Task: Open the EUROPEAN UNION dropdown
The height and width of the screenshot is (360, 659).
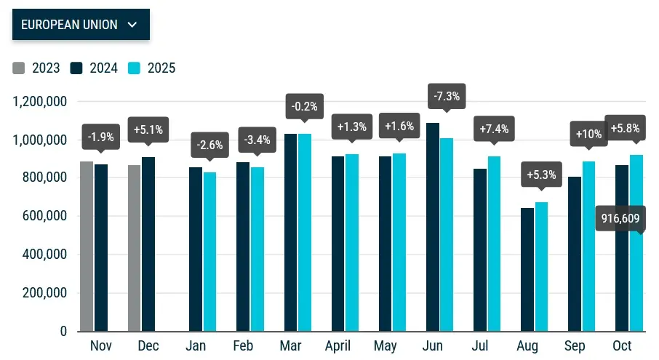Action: pos(80,25)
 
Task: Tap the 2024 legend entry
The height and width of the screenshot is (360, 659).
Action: pos(97,68)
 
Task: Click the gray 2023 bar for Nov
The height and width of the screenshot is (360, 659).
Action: pos(87,247)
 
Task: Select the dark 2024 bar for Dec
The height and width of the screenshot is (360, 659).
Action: pos(148,244)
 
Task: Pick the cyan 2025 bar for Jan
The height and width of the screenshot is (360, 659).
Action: pos(210,252)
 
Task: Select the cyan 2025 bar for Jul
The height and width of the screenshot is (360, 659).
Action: pos(494,244)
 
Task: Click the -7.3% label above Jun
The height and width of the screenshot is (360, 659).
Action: pos(446,96)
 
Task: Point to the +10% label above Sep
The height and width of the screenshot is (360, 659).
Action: pos(588,135)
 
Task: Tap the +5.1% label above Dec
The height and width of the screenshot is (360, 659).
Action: pos(148,130)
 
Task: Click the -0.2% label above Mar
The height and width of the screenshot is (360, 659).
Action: pos(304,106)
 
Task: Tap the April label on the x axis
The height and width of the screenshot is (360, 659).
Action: pos(338,345)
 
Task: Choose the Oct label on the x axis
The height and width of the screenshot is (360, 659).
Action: pos(622,345)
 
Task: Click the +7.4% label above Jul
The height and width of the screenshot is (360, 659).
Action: pos(494,129)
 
